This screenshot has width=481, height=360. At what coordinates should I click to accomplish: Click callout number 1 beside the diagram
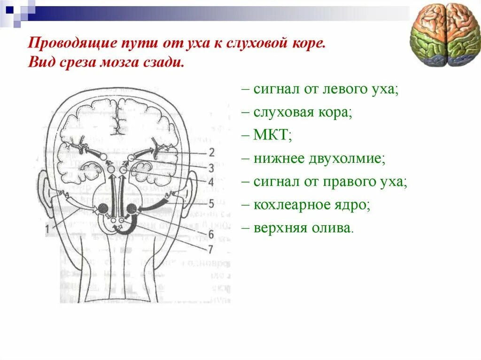[47, 229]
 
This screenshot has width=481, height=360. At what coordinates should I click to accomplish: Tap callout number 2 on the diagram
[211, 152]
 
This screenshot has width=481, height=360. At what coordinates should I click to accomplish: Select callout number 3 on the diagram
[211, 168]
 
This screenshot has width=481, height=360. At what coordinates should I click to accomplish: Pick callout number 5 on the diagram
[211, 204]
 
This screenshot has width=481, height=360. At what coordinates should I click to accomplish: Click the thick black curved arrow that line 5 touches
[155, 206]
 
